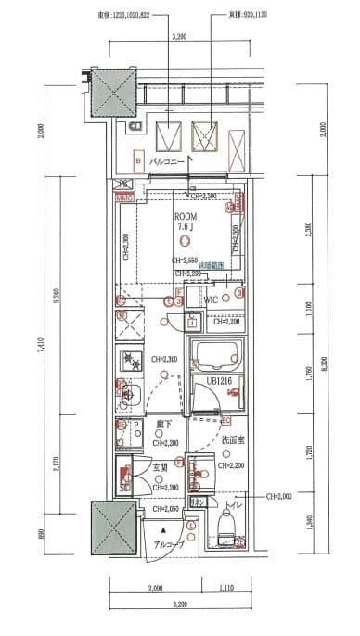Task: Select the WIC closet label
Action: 212,299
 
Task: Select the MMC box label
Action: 123,197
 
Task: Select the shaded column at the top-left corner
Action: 109,93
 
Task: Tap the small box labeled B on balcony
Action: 138,159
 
